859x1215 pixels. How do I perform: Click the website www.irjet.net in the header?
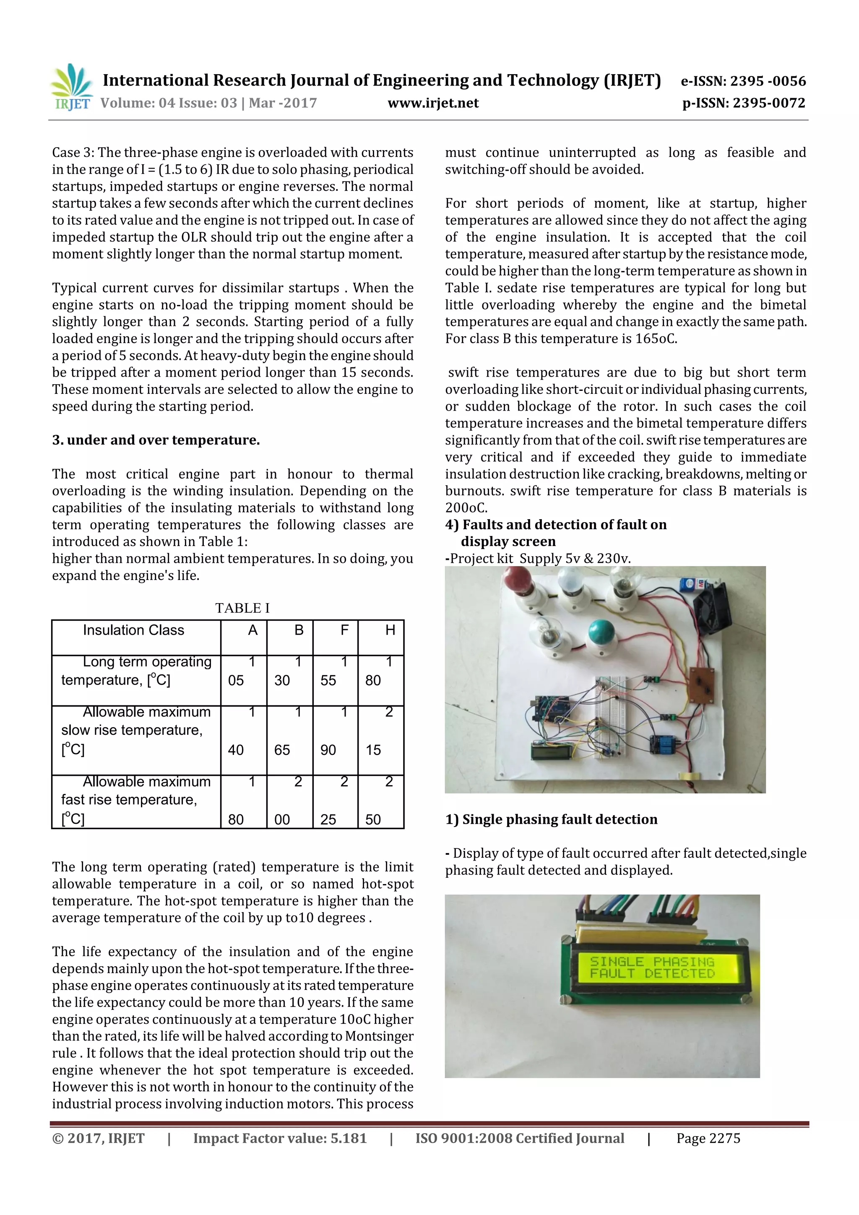(432, 103)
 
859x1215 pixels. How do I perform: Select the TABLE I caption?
(242, 608)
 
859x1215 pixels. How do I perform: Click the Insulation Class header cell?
(133, 630)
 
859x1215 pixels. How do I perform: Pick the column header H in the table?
(390, 630)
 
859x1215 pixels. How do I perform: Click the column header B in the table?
(299, 630)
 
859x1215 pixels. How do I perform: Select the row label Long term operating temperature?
(136, 671)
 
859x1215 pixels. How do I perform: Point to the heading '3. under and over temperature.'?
(156, 440)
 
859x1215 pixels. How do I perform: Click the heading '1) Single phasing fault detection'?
(551, 820)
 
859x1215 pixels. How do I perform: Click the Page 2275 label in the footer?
(708, 1138)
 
